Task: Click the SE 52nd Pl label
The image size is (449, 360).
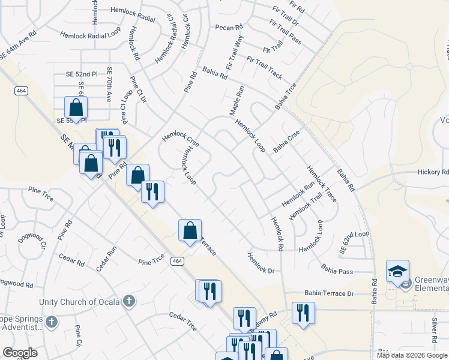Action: (x=82, y=74)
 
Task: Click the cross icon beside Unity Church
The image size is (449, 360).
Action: (x=128, y=301)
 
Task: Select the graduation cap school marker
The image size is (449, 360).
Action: (x=397, y=272)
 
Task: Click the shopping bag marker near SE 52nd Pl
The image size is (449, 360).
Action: (x=76, y=109)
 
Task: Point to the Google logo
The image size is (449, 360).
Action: (x=20, y=353)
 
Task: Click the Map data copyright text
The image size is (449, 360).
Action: (x=411, y=355)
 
